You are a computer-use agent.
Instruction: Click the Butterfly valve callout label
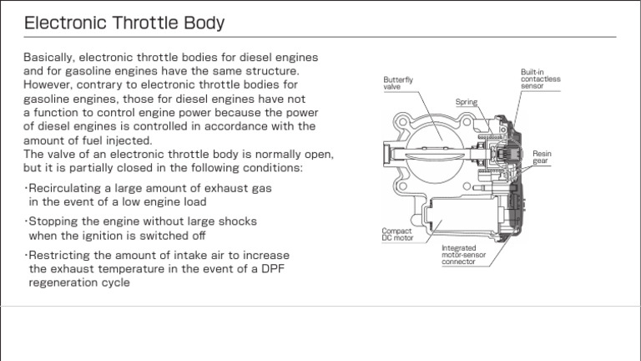[398, 83]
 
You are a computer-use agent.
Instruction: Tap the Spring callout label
[466, 102]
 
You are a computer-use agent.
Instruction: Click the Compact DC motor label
[397, 234]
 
